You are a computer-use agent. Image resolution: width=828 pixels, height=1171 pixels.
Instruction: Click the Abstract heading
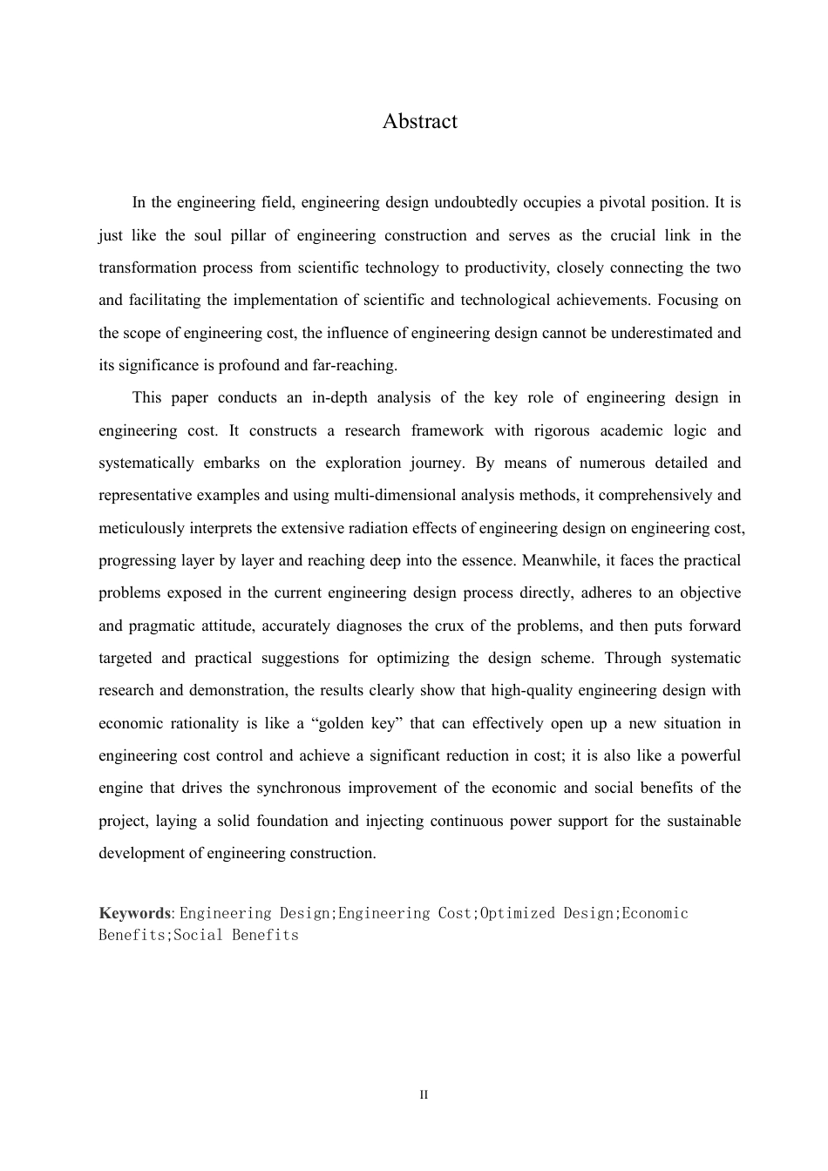[x=419, y=121]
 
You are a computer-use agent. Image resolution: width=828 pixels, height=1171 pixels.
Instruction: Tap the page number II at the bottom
[x=424, y=1094]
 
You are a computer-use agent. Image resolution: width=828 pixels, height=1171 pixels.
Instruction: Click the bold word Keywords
[x=134, y=913]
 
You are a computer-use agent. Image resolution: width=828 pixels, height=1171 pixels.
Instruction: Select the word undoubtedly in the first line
[x=475, y=203]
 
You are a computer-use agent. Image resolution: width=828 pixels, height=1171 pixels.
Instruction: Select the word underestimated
[x=661, y=333]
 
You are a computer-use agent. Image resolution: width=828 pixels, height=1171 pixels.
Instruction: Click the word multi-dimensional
[x=404, y=496]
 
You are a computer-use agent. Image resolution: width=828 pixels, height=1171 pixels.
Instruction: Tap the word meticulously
[x=142, y=528]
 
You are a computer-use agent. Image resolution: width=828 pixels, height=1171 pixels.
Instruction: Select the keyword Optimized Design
[x=547, y=913]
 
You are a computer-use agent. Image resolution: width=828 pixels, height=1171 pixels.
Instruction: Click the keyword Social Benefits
[x=236, y=935]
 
